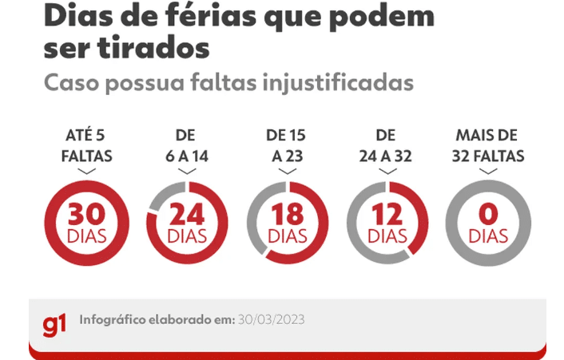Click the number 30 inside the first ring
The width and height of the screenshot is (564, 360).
coord(87,214)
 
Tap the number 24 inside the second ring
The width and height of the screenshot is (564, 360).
coord(187,214)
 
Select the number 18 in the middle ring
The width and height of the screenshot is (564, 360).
coord(288,214)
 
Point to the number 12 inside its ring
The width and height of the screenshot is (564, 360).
coord(387,214)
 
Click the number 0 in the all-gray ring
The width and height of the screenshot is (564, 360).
coord(488,214)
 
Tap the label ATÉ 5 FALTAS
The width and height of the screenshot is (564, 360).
coord(87,146)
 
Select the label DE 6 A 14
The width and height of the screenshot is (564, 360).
coord(187,146)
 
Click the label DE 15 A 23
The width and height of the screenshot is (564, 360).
coord(287,146)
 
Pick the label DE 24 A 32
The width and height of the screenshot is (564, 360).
coord(386,146)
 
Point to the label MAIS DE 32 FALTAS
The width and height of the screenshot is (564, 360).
coord(488,146)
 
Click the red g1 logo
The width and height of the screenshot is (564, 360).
coord(54,325)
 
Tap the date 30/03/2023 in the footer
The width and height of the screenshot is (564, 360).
coord(271,319)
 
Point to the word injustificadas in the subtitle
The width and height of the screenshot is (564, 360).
coord(338,83)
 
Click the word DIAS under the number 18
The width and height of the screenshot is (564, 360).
coord(288,236)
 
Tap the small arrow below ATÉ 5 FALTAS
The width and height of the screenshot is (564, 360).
coord(87,171)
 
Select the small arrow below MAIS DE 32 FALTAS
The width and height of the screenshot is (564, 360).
coord(488,171)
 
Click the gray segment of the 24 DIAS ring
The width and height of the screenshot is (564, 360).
coord(163,194)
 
